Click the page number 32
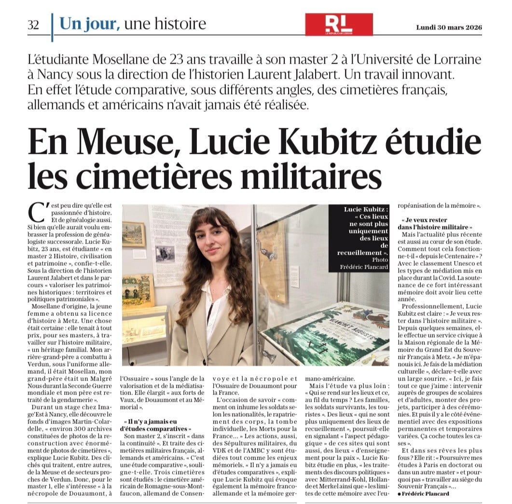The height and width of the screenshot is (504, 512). [34, 25]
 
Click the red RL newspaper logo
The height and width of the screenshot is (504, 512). [338, 24]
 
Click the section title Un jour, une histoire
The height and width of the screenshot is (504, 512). [132, 24]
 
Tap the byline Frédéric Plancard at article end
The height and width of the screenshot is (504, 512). [427, 493]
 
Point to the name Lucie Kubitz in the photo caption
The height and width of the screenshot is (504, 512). [366, 210]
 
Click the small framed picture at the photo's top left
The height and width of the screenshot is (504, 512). [134, 234]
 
